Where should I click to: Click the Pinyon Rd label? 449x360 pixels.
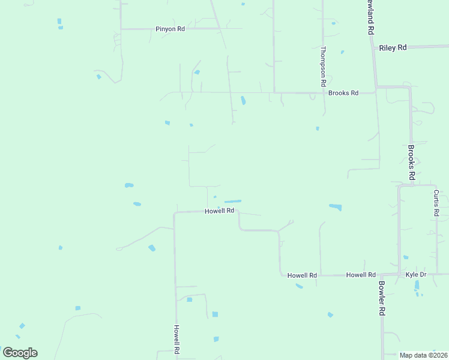(170, 29)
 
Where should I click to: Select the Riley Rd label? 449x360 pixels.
(393, 47)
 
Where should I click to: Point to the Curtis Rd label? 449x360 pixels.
(436, 203)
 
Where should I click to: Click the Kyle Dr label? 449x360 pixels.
(415, 274)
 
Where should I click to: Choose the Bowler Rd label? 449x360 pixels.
(381, 298)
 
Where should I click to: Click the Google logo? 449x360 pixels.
(20, 353)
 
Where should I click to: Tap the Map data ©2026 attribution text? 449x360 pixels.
(423, 355)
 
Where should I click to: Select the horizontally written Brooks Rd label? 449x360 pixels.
(343, 93)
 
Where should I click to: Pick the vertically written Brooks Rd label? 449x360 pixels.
(412, 162)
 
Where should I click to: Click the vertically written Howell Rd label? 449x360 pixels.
(177, 340)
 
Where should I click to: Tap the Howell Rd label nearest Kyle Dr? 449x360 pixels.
(361, 275)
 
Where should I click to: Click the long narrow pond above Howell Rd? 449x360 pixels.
(233, 201)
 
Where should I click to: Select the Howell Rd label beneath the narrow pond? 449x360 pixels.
(219, 211)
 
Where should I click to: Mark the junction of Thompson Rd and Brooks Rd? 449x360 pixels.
(324, 92)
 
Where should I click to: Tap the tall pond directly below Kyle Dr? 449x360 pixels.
(417, 285)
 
